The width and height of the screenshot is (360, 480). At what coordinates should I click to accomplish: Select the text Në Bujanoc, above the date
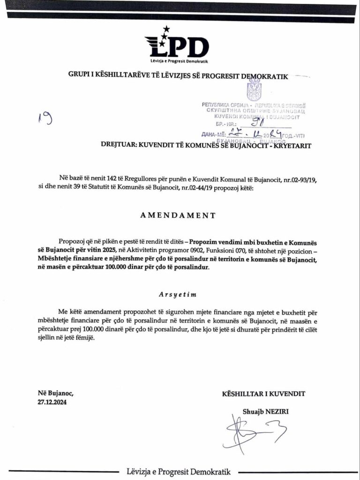pyautogui.click(x=56, y=393)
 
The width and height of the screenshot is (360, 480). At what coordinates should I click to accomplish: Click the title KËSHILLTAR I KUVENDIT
pyautogui.click(x=264, y=393)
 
